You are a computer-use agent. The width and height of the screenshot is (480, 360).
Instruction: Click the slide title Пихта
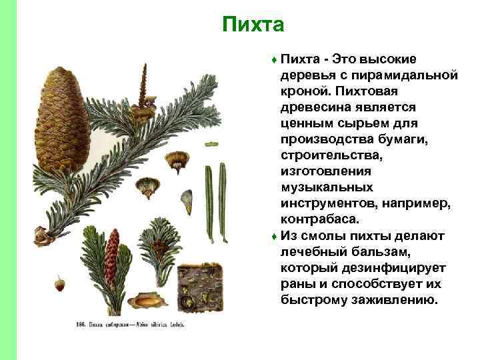(253, 25)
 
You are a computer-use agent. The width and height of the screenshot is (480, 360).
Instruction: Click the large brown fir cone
(63, 113)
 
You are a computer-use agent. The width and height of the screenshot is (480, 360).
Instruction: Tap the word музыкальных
(327, 187)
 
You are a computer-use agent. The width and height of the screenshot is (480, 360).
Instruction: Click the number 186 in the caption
(81, 325)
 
